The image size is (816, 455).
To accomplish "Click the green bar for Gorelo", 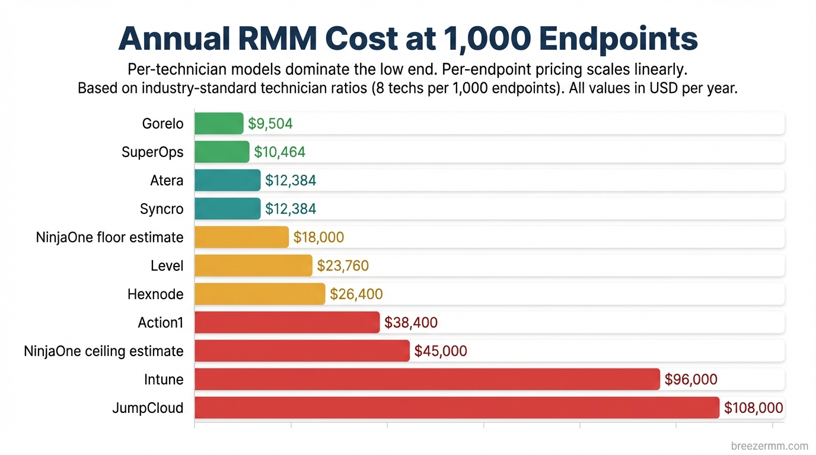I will tap(219, 123).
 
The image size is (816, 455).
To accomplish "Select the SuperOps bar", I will tap(222, 152).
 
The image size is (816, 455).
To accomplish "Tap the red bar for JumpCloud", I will tap(457, 408).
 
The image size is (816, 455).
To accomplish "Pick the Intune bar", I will tap(427, 379).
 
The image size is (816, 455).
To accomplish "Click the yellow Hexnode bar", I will tap(260, 294).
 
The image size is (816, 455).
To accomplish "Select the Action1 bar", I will tap(287, 322).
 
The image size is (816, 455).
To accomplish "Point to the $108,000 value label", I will tap(753, 408).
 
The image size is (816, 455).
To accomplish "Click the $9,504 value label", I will tap(270, 124).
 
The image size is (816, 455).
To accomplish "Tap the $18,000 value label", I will tap(318, 238).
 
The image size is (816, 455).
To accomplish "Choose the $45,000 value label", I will tap(441, 351).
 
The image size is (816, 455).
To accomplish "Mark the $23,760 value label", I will tap(343, 266).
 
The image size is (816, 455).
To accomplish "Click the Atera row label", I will tap(167, 180).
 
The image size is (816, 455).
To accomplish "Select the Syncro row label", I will tap(161, 209).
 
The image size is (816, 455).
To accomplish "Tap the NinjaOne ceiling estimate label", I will tap(104, 351).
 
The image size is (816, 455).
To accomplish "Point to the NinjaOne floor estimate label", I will tap(110, 237).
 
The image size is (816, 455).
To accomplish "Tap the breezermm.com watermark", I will tap(770, 446).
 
